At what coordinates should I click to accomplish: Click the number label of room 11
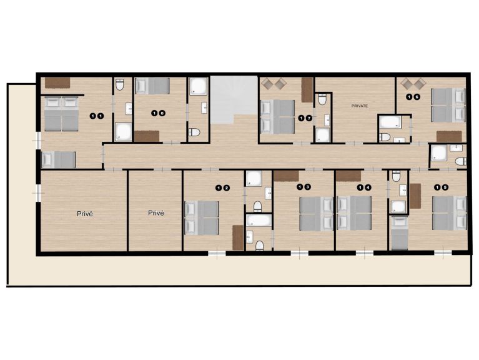(97, 116)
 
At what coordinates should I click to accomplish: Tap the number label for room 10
(158, 113)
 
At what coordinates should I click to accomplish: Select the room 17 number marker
(305, 118)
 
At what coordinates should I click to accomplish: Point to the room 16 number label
(413, 97)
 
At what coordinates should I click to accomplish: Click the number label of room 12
(222, 188)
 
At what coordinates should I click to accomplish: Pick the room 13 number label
(304, 187)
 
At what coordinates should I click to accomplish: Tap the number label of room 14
(364, 187)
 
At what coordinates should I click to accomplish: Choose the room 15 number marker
(442, 187)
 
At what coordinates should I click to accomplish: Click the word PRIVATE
(360, 106)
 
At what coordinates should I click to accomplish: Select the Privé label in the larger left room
(84, 214)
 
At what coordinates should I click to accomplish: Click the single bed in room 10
(152, 86)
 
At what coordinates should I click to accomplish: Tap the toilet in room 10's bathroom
(194, 132)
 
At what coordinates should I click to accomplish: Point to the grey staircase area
(234, 99)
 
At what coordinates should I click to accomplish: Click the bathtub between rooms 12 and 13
(259, 221)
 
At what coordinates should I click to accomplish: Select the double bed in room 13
(316, 214)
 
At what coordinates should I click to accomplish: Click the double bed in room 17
(277, 117)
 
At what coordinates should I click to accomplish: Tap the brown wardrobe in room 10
(147, 136)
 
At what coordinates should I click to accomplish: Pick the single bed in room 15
(400, 233)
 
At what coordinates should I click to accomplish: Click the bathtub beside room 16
(390, 122)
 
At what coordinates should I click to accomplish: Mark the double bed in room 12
(202, 218)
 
